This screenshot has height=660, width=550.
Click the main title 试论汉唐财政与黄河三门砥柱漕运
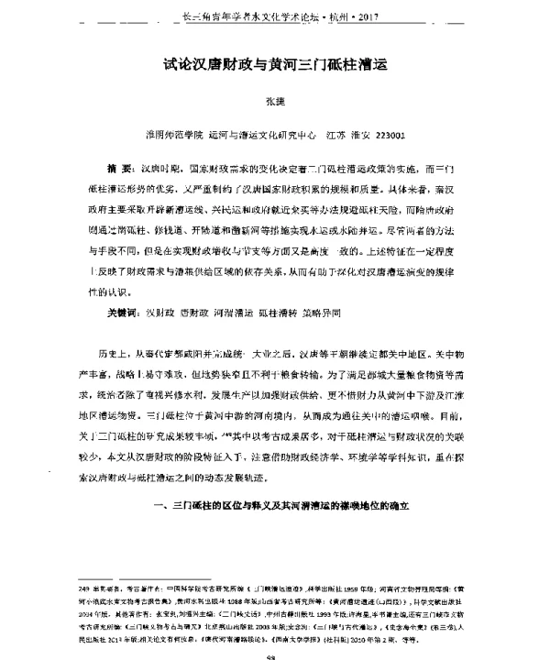[x=276, y=66]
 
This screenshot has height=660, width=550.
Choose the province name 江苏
[x=336, y=132]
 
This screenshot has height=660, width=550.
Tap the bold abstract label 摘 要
[x=120, y=171]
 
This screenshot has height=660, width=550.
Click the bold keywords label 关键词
[x=121, y=312]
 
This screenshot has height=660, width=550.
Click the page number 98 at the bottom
[x=274, y=654]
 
